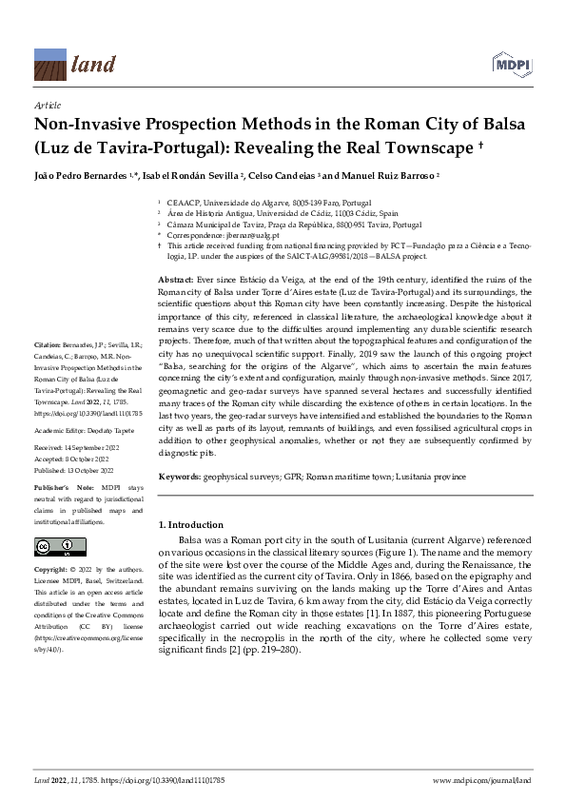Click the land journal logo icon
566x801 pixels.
click(51, 63)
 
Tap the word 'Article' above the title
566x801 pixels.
click(47, 107)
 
